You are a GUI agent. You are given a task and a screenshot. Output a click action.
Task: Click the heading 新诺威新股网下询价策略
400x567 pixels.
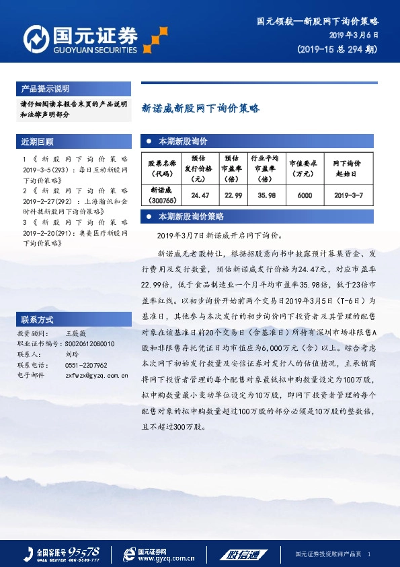pos(200,108)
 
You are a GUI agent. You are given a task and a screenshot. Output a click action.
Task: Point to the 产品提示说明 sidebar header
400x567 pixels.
pos(45,89)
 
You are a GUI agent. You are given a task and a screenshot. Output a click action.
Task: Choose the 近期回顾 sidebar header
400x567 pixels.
pos(38,142)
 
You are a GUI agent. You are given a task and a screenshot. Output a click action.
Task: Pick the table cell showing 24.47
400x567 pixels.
pos(200,195)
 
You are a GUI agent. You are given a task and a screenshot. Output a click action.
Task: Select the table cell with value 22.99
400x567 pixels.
pos(233,195)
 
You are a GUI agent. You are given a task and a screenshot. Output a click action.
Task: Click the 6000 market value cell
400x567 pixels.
pos(305,195)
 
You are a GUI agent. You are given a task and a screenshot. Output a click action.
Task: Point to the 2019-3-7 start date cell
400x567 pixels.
pos(348,195)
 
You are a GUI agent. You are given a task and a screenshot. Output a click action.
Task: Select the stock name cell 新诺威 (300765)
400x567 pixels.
pos(163,195)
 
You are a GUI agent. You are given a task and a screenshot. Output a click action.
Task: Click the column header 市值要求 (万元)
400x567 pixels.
pos(305,168)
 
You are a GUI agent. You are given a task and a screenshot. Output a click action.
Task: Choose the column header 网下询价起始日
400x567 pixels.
pos(348,168)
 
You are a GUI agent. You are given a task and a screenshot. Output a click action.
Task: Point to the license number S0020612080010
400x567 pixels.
pos(89,343)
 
